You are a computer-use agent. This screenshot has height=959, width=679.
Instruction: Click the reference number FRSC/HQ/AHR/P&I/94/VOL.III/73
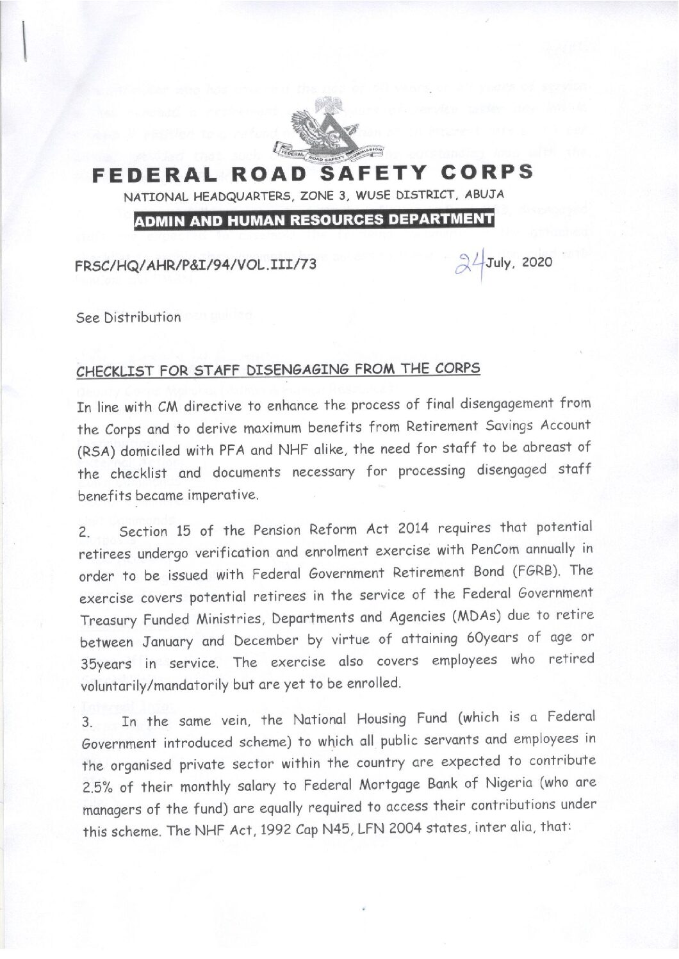click(x=196, y=264)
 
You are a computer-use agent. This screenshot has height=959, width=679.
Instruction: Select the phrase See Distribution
click(x=128, y=317)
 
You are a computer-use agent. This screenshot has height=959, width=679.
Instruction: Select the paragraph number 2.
click(x=83, y=532)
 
